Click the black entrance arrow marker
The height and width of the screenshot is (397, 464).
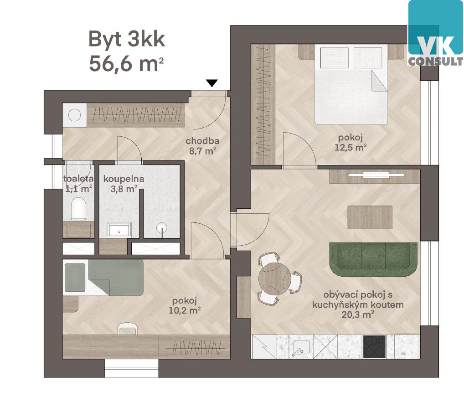pyautogui.click(x=212, y=83)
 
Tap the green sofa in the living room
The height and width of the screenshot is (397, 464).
pyautogui.click(x=373, y=259)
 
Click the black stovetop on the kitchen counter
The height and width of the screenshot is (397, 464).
pyautogui.click(x=374, y=347)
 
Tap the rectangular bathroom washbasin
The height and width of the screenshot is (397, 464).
pyautogui.click(x=119, y=230)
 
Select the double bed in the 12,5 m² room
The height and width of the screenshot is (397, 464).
pyautogui.click(x=351, y=85)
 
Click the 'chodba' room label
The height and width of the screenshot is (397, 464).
pyautogui.click(x=202, y=141)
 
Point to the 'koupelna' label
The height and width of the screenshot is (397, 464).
pyautogui.click(x=124, y=179)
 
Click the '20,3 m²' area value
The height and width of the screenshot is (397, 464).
pyautogui.click(x=358, y=315)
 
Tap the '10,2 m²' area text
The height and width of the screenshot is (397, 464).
pyautogui.click(x=185, y=310)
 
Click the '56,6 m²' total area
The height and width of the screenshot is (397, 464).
pyautogui.click(x=126, y=64)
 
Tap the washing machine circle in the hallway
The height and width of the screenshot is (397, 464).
pyautogui.click(x=75, y=115)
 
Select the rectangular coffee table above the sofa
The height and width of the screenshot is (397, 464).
pyautogui.click(x=370, y=217)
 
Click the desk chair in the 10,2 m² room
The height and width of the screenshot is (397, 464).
pyautogui.click(x=128, y=328)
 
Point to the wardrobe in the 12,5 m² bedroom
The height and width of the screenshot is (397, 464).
pyautogui.click(x=263, y=104)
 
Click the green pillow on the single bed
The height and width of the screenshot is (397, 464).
pyautogui.click(x=75, y=277)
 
